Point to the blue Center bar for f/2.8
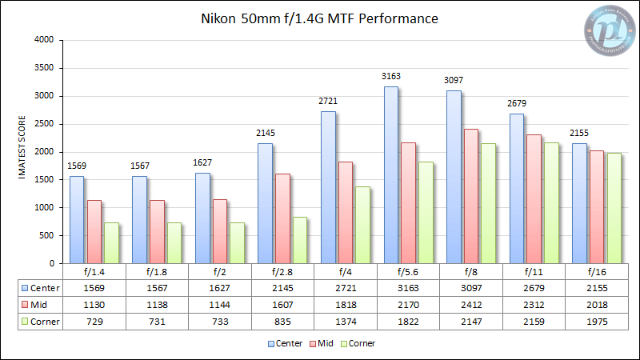[x=265, y=203]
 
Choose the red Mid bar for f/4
[x=345, y=212]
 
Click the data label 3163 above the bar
[x=391, y=77]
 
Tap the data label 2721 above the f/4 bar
[x=328, y=102]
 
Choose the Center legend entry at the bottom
[x=284, y=343]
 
